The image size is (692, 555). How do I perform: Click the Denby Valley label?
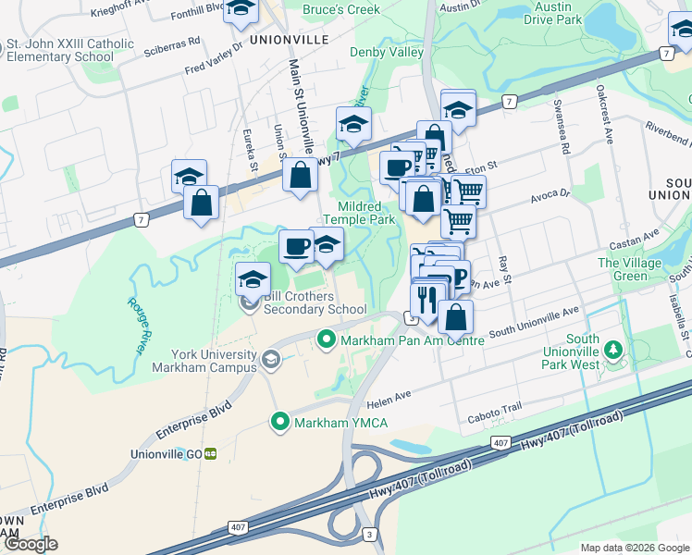(x=387, y=53)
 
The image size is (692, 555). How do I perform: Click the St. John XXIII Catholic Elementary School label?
(x=70, y=49)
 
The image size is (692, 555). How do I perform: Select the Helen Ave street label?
(x=389, y=395)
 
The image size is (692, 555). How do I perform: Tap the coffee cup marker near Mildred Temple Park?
(x=296, y=246)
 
